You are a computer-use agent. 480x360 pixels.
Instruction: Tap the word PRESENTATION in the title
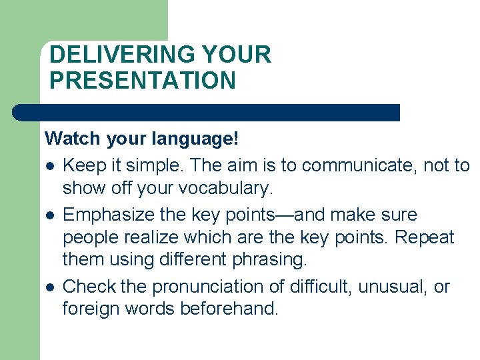tap(143, 81)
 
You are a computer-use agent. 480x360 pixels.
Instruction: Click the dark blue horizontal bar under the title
tap(207, 113)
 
